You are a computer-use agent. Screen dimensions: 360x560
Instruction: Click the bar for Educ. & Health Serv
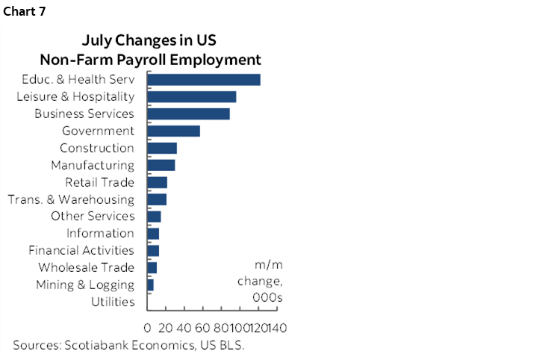point(204,80)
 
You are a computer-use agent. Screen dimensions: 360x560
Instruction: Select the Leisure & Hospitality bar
point(192,97)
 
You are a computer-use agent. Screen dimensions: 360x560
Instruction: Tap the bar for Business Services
point(189,114)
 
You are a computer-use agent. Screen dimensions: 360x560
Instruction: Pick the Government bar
point(174,131)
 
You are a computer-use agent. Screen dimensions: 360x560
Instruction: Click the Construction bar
point(162,148)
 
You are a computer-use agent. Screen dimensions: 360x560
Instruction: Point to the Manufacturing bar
point(161,165)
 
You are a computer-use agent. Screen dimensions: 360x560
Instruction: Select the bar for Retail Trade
point(158,182)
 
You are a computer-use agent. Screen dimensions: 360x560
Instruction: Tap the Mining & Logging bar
point(151,285)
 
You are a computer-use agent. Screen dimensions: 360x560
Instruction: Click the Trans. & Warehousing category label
point(71,199)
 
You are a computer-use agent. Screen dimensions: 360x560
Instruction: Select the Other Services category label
point(93,217)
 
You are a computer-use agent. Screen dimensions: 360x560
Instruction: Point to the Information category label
point(100,234)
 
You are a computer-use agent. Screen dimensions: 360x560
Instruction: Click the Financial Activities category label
point(81,251)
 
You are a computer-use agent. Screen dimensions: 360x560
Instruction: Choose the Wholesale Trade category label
point(86,267)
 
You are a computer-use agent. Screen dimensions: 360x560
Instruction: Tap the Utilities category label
point(113,302)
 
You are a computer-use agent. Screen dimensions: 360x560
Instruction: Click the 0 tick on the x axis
point(148,328)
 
